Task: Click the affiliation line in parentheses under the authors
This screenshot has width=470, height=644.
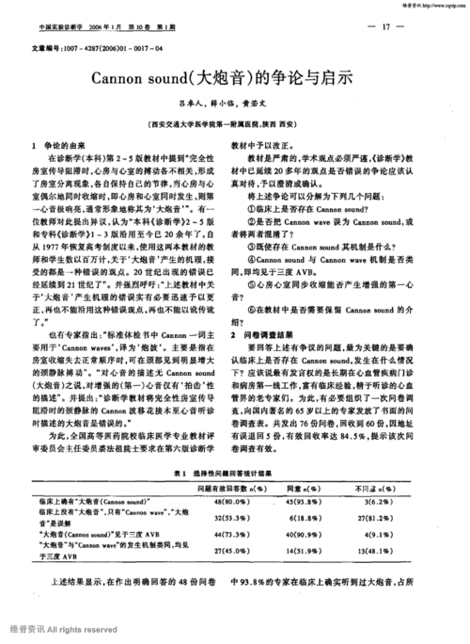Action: (x=234, y=123)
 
